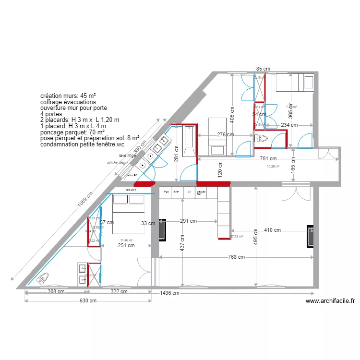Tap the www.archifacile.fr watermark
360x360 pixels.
click(x=330, y=301)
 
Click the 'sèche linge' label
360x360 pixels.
click(x=118, y=163)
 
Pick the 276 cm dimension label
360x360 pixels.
click(x=225, y=135)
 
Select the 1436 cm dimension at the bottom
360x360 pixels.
click(x=169, y=293)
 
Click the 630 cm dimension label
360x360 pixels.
click(x=87, y=301)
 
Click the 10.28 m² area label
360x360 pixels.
click(x=273, y=167)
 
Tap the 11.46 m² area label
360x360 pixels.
click(x=127, y=240)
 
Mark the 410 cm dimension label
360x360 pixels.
click(x=272, y=230)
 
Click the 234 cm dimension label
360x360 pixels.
click(x=289, y=125)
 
